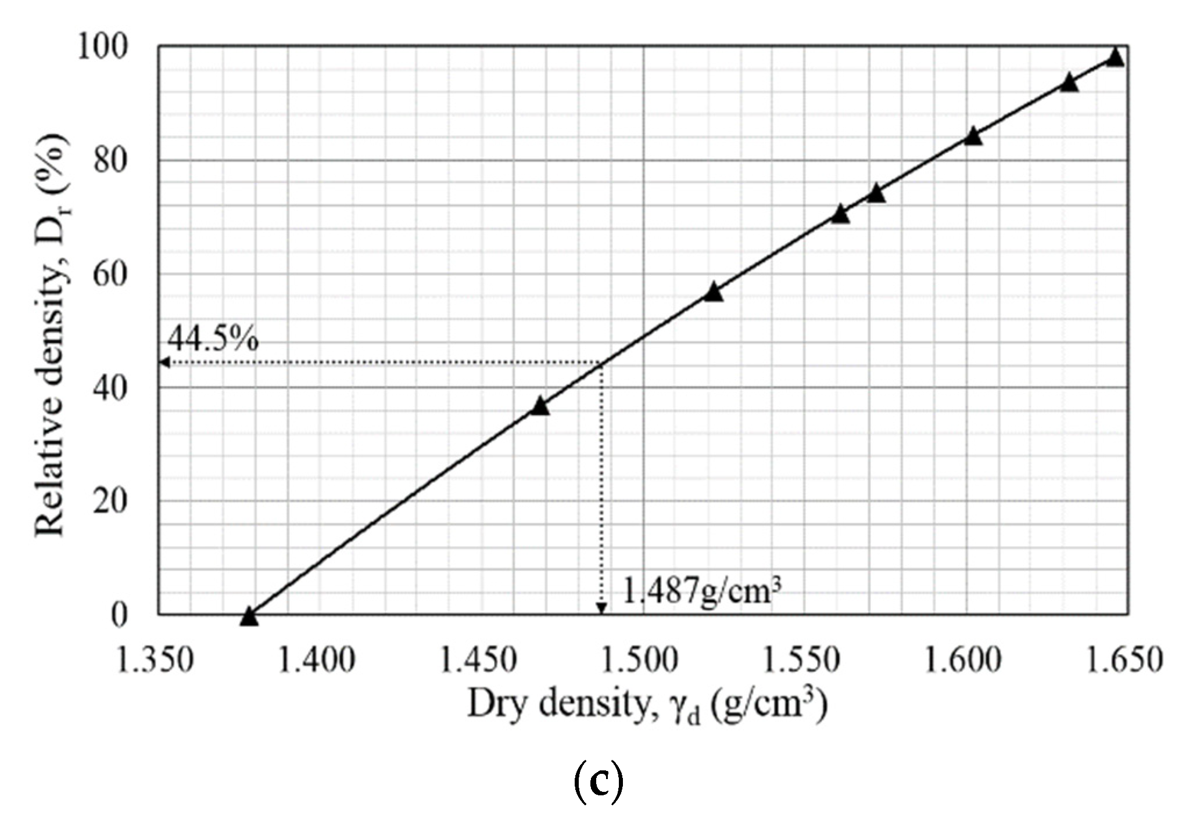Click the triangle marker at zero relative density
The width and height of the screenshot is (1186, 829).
click(x=249, y=617)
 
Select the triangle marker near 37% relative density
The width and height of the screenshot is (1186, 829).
click(x=540, y=406)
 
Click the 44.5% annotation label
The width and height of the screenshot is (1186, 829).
click(x=213, y=340)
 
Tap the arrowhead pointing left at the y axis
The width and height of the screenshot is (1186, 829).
click(x=164, y=363)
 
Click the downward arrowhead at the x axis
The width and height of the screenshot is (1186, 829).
click(x=602, y=608)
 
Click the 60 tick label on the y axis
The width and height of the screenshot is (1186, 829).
click(x=109, y=274)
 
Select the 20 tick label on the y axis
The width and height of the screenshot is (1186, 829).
click(x=109, y=501)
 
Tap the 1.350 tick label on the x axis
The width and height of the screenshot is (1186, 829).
click(x=155, y=660)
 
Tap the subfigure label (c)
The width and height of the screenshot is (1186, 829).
click(x=599, y=782)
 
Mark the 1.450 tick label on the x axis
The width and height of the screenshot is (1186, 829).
click(x=478, y=660)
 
